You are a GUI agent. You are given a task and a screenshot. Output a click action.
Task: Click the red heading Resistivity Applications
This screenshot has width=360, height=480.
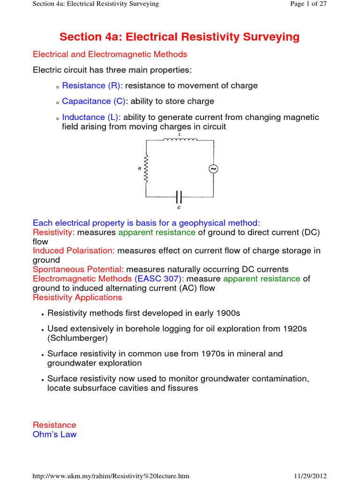pyautogui.click(x=77, y=298)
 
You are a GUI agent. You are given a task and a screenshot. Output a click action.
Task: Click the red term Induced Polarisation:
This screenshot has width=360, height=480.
pyautogui.click(x=74, y=251)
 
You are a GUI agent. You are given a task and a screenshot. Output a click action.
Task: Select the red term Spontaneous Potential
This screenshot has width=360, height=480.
pyautogui.click(x=77, y=270)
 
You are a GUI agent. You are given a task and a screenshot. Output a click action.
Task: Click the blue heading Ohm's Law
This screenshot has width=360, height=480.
pyautogui.click(x=54, y=435)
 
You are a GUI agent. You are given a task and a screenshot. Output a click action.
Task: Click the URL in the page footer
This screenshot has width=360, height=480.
pyautogui.click(x=111, y=476)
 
